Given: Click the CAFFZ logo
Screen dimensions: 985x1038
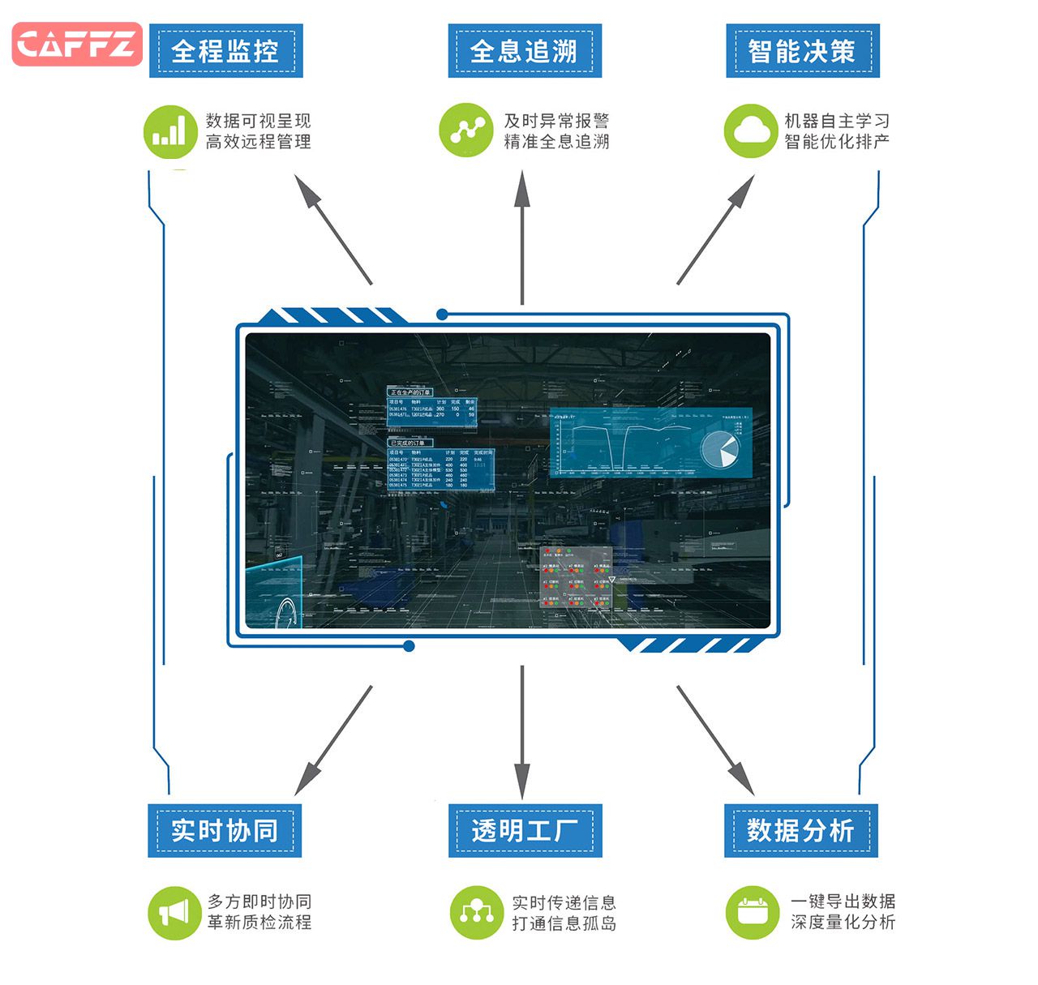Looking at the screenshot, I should (77, 44).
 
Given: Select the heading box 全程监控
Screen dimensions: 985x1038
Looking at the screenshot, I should (225, 51).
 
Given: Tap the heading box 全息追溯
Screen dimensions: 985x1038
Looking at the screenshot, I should (525, 51).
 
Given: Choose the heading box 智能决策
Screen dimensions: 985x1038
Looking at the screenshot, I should (802, 51).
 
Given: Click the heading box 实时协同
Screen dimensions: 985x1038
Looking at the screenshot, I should (225, 831).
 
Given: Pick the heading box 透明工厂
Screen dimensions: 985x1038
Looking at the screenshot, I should (525, 831).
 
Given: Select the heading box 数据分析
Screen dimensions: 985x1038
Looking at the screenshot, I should (800, 831).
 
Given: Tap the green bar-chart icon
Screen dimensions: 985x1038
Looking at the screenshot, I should (170, 131).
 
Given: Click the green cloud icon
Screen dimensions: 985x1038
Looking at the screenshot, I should (751, 131).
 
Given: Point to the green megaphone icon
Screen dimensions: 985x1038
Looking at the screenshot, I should (174, 913).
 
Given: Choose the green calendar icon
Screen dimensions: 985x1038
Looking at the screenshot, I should (752, 913).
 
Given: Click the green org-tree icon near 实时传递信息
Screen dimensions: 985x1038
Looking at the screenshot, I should (476, 913).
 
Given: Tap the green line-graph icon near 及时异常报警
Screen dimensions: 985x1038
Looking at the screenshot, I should (465, 130).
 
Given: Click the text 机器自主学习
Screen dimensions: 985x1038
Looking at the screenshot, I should (837, 121).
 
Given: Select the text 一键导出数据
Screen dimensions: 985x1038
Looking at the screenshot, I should (843, 901).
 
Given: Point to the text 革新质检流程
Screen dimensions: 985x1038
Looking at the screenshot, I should (259, 923).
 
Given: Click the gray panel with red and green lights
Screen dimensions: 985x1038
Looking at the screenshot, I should (576, 577).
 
